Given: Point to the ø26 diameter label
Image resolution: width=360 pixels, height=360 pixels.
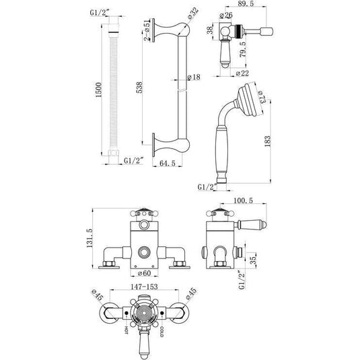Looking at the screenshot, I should tap(227, 15).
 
